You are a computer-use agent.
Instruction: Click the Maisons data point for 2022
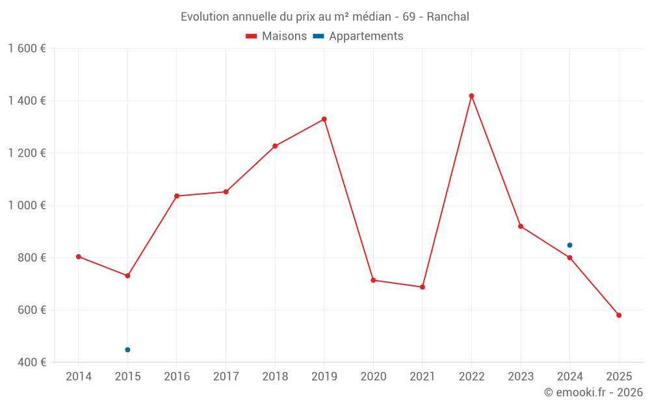471,96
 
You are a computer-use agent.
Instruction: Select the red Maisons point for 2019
324,119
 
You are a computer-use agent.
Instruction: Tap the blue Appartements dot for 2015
127,349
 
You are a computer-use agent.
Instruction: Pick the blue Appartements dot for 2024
569,245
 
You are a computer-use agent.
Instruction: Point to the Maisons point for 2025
619,315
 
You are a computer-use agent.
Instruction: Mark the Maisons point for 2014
79,257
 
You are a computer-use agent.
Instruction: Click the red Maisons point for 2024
569,257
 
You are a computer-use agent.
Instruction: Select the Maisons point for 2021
422,286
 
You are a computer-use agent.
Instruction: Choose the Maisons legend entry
276,36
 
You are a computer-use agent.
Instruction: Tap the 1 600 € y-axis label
27,49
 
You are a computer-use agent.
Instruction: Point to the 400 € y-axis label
32,362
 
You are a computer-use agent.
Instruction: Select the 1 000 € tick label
27,205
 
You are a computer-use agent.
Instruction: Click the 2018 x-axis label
275,376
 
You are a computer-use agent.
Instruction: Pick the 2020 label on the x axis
373,376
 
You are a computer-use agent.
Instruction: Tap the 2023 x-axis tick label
521,376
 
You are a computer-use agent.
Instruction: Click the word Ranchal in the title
448,17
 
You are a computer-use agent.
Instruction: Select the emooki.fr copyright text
593,392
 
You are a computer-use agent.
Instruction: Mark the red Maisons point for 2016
177,196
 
